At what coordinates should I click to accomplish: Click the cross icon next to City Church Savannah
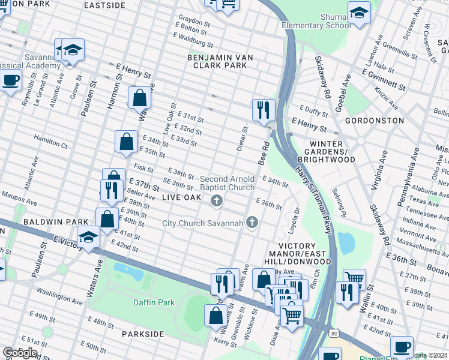pyautogui.click(x=252, y=223)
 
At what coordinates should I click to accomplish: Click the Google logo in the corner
pyautogui.click(x=20, y=352)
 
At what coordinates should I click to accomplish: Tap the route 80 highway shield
pyautogui.click(x=334, y=332)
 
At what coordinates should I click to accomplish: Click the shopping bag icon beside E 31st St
pyautogui.click(x=139, y=98)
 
